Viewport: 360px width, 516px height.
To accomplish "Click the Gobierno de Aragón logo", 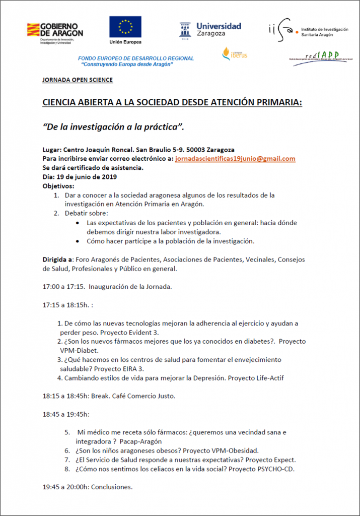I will point(55,32).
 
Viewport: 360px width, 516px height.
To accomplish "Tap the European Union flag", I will point(125,27).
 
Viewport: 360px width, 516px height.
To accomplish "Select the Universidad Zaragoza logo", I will point(210,30).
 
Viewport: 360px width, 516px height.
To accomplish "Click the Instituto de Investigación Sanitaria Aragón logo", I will point(307,30).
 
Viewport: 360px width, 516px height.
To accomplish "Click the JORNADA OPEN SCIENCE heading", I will point(78,80).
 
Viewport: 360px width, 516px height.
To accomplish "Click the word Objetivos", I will point(58,186).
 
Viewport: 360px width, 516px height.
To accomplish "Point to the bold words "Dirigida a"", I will point(57,260).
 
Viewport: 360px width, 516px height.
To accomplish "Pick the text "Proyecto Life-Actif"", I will point(275,378).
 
